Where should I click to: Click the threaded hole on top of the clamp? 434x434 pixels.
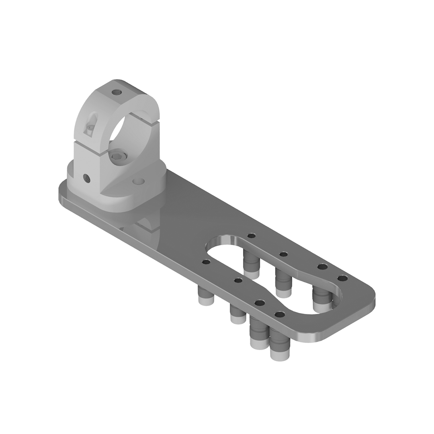(117, 92)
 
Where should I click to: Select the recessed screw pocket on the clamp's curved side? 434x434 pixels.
(91, 124)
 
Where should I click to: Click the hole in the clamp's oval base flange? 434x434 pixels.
(138, 181)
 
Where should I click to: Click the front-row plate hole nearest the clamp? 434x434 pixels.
(206, 262)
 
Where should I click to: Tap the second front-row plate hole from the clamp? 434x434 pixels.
(238, 280)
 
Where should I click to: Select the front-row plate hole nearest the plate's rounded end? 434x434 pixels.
(280, 314)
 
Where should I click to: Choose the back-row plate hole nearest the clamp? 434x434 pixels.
(252, 235)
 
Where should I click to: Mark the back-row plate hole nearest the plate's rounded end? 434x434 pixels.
(342, 278)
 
